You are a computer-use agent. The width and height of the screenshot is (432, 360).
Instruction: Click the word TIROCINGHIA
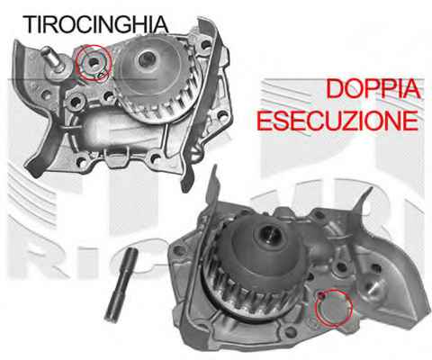(x=95, y=24)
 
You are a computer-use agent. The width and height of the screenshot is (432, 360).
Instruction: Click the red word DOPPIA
(x=373, y=89)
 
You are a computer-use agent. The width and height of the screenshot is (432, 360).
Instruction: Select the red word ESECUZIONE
(x=337, y=121)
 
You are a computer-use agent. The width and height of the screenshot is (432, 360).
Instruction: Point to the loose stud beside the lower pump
(x=121, y=284)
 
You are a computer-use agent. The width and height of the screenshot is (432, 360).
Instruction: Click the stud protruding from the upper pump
(x=55, y=62)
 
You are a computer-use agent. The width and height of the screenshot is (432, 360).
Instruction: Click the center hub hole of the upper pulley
(x=147, y=58)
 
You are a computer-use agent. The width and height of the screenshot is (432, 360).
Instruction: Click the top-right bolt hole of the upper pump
(x=206, y=46)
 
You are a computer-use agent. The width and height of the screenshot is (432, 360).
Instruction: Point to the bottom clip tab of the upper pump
(x=117, y=156)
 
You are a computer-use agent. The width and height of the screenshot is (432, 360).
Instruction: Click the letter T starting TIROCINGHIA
(x=30, y=24)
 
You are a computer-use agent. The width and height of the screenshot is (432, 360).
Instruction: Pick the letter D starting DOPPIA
(x=334, y=89)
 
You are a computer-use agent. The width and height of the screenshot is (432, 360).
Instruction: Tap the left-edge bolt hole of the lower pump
(x=179, y=249)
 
